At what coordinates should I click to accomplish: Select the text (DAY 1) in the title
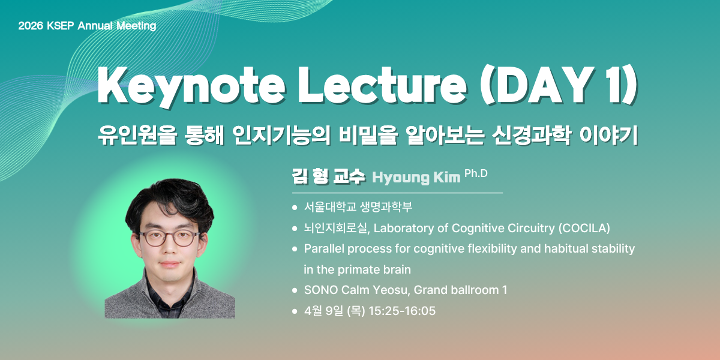(559, 85)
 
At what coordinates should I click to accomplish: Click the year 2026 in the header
(31, 26)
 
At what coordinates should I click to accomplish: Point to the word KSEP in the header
(61, 26)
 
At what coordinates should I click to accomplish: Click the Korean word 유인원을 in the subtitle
(137, 136)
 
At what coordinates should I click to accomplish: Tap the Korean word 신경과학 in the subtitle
(532, 136)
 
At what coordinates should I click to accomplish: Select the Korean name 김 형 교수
(329, 176)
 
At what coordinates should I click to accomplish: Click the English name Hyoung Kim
(416, 178)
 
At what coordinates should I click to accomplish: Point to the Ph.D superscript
(476, 173)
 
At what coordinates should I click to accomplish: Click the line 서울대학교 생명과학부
(358, 207)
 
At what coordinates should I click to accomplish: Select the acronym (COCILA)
(584, 228)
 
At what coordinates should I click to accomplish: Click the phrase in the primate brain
(357, 269)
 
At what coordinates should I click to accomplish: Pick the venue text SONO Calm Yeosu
(357, 290)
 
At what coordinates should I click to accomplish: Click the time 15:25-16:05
(402, 311)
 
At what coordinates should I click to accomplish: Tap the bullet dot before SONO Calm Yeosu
(295, 290)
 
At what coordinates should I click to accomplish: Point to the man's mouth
(170, 265)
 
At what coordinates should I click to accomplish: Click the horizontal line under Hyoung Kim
(397, 193)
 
